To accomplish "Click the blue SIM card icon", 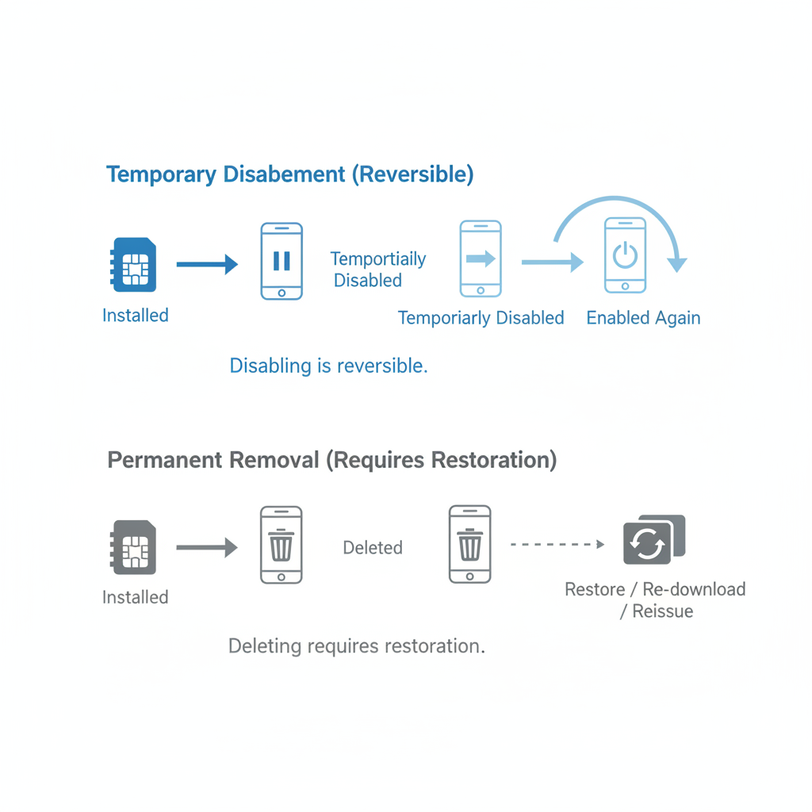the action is tap(133, 265).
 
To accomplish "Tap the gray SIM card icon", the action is tap(133, 547).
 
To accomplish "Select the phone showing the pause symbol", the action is tap(282, 261).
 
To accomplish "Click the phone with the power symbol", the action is tap(625, 255).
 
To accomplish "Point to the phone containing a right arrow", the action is tap(481, 259).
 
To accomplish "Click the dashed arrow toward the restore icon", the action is tap(557, 544).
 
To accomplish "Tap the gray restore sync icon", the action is tap(654, 539).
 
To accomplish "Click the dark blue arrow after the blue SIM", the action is tap(207, 264).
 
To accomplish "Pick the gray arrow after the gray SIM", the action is tap(207, 547).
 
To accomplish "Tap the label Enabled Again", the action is tap(643, 318).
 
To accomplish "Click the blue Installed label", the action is tap(135, 316).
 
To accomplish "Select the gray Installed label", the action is tap(135, 597).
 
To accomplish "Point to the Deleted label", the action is tap(373, 547).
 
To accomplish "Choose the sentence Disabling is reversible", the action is tap(329, 366).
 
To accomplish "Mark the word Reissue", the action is tap(662, 611).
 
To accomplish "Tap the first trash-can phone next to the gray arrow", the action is tap(282, 545).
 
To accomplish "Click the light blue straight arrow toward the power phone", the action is tap(553, 262).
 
